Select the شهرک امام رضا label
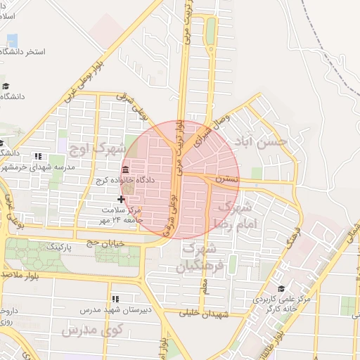235,214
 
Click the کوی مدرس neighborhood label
92,329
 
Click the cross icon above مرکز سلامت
121,200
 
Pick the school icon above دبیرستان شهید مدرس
115,299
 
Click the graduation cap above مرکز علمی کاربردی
281,288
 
